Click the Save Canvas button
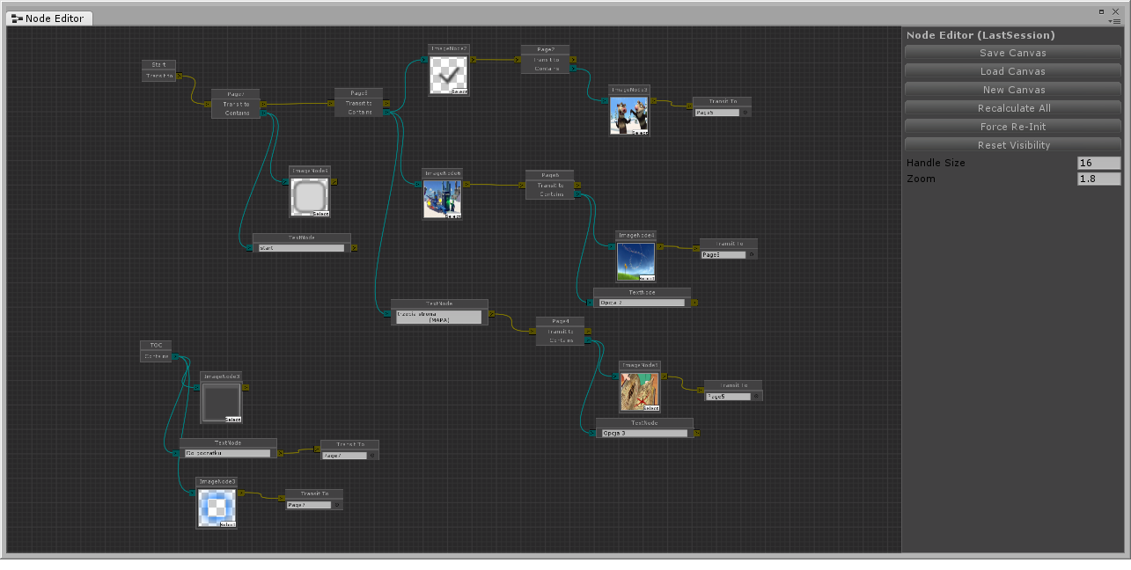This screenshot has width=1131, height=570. point(1013,53)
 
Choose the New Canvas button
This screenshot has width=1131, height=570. point(1013,90)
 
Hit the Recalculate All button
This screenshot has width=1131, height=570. point(1013,108)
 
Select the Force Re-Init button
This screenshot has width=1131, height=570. point(1013,127)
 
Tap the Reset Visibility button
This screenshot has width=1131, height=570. point(1013,145)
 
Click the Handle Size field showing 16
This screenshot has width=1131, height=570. point(1098,163)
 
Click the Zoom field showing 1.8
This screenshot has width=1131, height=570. point(1098,179)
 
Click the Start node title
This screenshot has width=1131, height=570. point(159,65)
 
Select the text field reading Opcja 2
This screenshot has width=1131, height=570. point(641,303)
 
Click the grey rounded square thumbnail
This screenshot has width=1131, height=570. point(309,197)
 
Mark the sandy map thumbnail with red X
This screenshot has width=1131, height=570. point(639,391)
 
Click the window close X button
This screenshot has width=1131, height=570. point(1115,11)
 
